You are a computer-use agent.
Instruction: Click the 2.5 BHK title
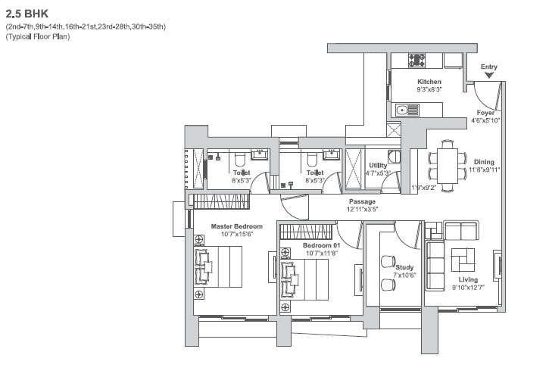coord(27,14)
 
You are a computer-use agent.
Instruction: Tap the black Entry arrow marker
coord(489,75)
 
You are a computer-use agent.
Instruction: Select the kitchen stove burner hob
coord(417,61)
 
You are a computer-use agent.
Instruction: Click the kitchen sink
coord(407,111)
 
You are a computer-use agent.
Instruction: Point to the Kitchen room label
coord(429,82)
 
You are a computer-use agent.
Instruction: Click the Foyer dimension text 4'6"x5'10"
coord(485,120)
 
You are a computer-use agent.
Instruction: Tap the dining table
coord(447,166)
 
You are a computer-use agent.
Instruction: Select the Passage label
coord(362,201)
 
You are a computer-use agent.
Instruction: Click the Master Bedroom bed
coord(218,266)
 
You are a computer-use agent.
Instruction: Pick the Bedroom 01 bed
coord(304,280)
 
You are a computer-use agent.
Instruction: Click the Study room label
coord(405,267)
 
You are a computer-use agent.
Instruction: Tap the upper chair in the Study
coord(388,262)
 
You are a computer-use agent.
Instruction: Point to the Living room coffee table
coord(463,260)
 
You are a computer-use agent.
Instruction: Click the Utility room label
coord(378,165)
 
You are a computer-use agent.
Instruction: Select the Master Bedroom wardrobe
coord(221,201)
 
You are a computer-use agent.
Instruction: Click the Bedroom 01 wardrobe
coord(306,232)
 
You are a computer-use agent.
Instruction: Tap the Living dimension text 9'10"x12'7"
coord(468,288)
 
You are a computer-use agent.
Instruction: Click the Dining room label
coord(484,162)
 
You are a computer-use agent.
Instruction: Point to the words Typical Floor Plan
coord(38,37)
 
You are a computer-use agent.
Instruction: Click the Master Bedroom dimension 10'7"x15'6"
coord(237,234)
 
